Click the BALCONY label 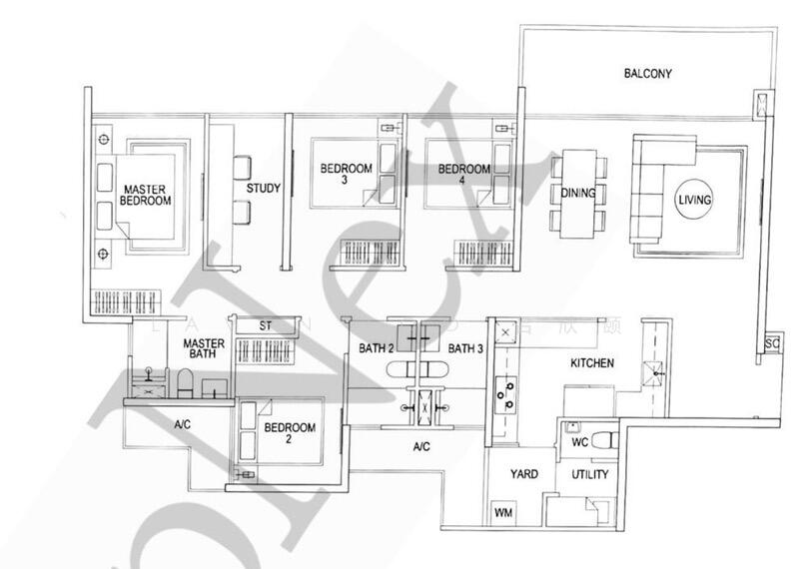(647, 73)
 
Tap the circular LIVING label (694, 200)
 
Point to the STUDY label (263, 188)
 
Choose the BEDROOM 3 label (346, 176)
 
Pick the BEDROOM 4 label (463, 176)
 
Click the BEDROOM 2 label (290, 434)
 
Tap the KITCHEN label (592, 362)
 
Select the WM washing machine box (504, 513)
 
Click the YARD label (524, 475)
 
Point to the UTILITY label (589, 475)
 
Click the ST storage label (266, 326)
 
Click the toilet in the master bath (184, 382)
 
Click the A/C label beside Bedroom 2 (182, 424)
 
